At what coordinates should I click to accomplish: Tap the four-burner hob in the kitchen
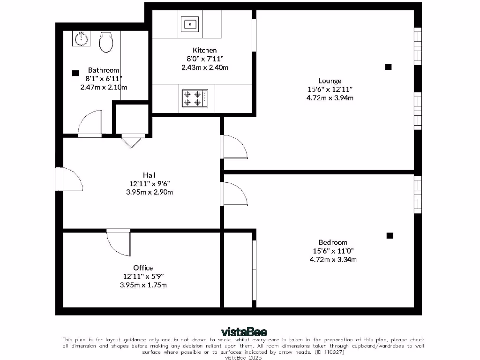[194, 98]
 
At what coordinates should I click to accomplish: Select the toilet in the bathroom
[106, 43]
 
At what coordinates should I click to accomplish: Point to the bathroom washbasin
[82, 38]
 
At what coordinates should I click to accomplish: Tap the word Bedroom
[333, 242]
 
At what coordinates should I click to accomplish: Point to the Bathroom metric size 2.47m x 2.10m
[104, 87]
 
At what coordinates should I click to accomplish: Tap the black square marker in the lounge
[388, 67]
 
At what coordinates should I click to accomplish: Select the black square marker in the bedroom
[390, 235]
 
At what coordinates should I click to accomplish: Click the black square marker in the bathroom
[75, 73]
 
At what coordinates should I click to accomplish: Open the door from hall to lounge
[234, 147]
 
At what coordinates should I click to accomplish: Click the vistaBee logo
[240, 333]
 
